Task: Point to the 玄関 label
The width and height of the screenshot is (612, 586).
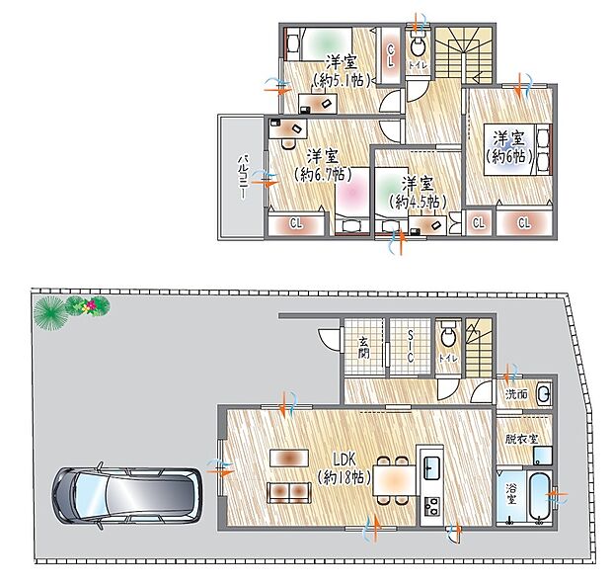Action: (362, 348)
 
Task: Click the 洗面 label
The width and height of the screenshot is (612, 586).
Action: (515, 393)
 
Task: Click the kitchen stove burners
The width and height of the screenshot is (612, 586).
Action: (431, 509)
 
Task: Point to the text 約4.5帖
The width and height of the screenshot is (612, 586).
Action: (417, 201)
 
